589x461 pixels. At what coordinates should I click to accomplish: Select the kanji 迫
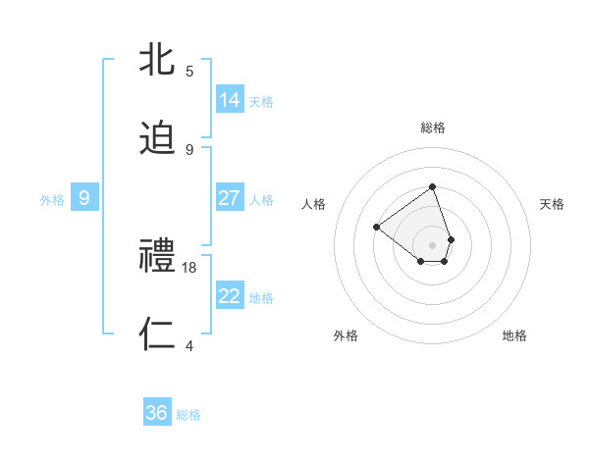coord(158,139)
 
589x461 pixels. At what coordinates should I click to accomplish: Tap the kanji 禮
coord(158,257)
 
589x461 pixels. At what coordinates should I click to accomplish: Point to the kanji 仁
coord(158,334)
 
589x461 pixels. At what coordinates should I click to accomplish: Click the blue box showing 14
coord(230,100)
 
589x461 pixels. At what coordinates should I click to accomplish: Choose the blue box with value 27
coord(230,198)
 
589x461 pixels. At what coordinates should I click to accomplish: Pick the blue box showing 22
coord(230,296)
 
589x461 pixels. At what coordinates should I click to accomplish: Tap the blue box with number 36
coord(157,413)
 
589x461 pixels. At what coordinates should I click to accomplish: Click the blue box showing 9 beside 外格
coord(84,198)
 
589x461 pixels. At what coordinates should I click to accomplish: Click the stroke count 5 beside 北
coord(189,71)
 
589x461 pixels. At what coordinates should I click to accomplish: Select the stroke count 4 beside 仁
coord(189,345)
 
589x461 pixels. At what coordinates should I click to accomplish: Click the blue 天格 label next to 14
coord(261,101)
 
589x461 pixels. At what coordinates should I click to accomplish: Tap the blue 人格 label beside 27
coord(261,199)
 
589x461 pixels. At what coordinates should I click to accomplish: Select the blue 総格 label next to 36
coord(188,414)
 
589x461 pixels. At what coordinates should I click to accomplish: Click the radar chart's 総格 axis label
coord(432,128)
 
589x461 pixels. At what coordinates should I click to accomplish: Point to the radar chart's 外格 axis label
coord(346,335)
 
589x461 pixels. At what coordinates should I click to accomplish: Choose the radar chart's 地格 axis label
coord(514,335)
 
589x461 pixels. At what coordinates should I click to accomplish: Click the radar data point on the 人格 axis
coord(376,228)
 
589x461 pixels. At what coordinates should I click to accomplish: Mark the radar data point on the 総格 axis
coord(432,187)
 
